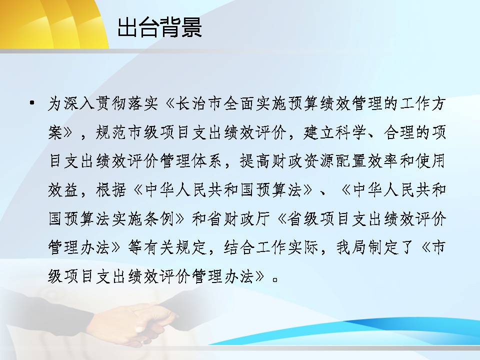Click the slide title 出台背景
[159, 27]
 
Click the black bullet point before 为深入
[32, 103]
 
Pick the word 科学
[350, 132]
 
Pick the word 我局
[351, 247]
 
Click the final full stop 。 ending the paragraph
[275, 279]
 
